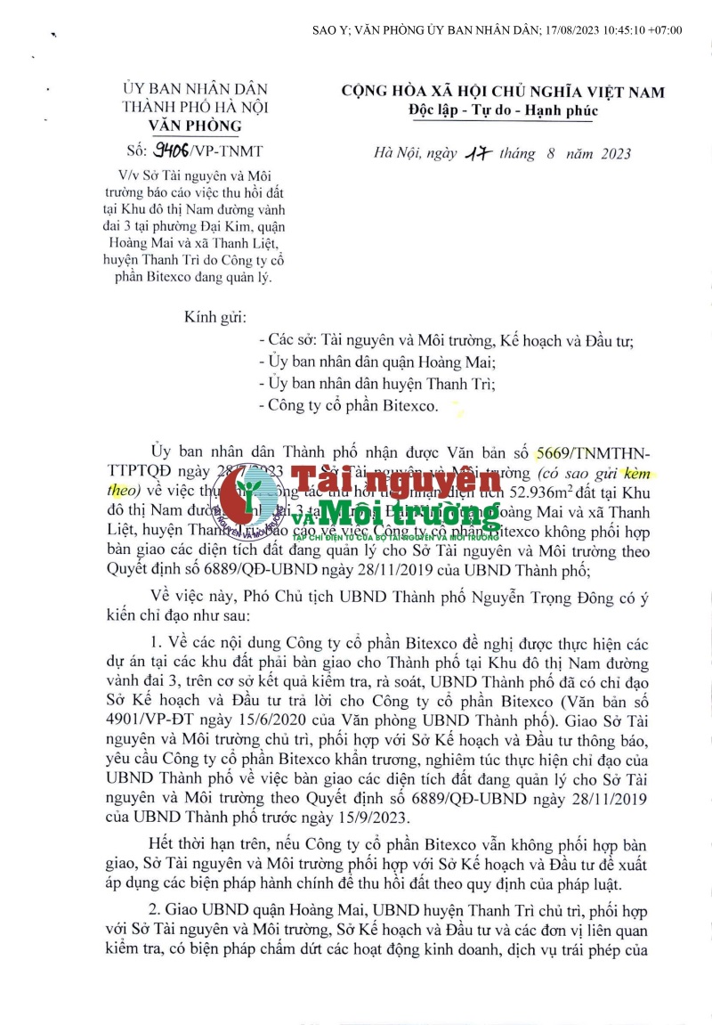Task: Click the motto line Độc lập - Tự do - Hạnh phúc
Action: pyautogui.click(x=503, y=110)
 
